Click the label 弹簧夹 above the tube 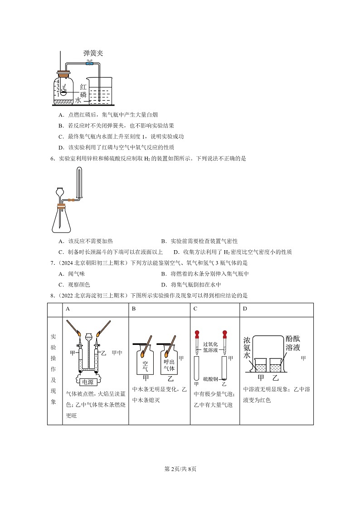click(x=93, y=53)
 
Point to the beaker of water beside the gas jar click(x=100, y=90)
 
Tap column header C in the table click(x=195, y=309)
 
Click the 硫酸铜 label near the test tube click(x=211, y=378)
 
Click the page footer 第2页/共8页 click(x=180, y=469)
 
